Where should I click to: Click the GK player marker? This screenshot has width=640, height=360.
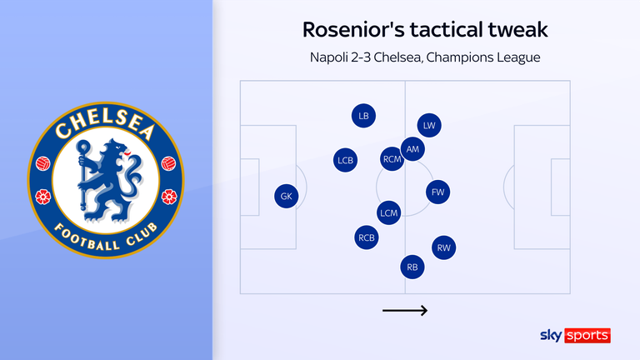pos(286,197)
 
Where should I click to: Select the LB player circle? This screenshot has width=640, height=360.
pos(363,116)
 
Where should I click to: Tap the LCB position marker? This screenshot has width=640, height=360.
pos(345,160)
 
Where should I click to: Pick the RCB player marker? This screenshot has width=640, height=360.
pos(367,237)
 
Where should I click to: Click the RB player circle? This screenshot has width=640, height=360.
pos(412,267)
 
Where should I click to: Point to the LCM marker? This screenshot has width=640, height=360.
pos(389,213)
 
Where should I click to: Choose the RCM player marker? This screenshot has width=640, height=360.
pos(392,158)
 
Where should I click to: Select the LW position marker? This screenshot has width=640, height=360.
pos(429,126)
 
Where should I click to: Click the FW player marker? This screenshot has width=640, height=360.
pos(438,192)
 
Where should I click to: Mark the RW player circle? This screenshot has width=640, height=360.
pos(444,247)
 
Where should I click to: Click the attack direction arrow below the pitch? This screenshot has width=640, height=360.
pos(405,311)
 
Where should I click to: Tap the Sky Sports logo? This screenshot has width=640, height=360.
pos(576,336)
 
